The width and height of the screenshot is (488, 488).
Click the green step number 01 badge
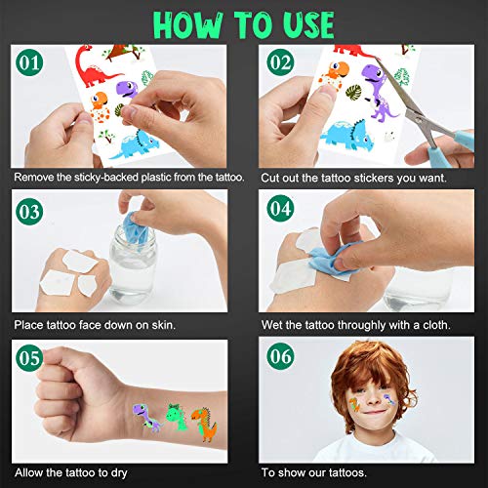click(x=29, y=62)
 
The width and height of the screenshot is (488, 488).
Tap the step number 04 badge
click(x=280, y=208)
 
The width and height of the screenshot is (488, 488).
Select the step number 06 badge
click(x=280, y=356)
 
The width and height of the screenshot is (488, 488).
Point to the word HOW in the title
click(x=188, y=25)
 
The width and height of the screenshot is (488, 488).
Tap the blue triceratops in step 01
click(x=134, y=144)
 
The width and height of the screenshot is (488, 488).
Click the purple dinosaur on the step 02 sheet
click(x=378, y=91)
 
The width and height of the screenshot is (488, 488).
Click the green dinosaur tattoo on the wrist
click(x=177, y=417)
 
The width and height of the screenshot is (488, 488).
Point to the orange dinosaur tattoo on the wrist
click(x=204, y=424)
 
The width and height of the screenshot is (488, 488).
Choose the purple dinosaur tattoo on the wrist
click(x=146, y=418)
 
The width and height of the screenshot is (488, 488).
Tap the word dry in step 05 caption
click(x=119, y=473)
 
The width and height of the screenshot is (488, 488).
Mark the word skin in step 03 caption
click(x=163, y=325)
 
